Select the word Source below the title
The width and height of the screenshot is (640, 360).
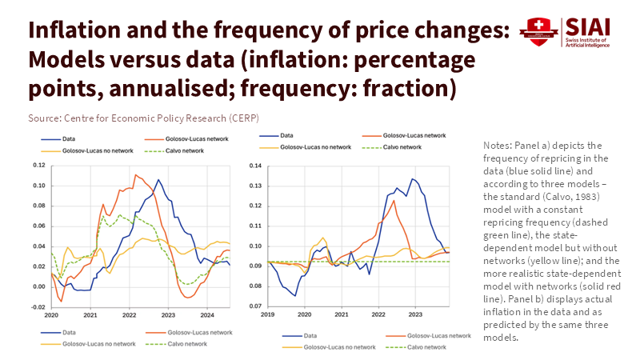[45, 118]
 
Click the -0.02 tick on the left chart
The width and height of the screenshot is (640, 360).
[38, 306]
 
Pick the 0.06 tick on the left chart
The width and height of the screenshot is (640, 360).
[38, 226]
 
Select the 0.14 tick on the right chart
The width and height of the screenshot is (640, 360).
[255, 166]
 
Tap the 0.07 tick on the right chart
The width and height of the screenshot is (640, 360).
[255, 306]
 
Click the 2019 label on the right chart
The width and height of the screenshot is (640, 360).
[268, 315]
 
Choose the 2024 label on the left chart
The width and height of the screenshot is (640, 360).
[206, 315]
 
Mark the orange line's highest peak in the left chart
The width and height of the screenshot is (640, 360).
[135, 174]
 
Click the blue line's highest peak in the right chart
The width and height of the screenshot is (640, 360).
[413, 178]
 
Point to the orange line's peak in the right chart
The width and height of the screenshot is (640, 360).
[394, 200]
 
